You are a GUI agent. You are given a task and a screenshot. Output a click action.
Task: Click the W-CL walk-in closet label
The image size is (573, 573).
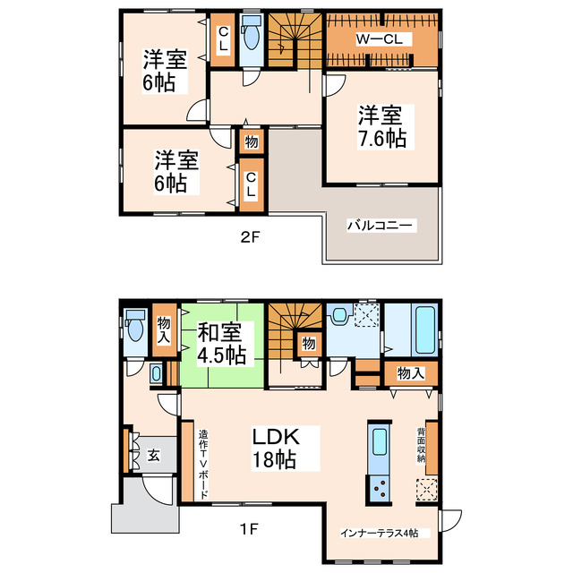pos(382,38)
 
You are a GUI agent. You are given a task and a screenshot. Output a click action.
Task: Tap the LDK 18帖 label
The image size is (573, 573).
pos(273,449)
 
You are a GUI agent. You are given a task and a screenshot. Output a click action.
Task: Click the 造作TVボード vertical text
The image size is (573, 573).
pos(203,463)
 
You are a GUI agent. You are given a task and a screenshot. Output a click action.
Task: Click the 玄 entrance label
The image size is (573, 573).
pos(153,456)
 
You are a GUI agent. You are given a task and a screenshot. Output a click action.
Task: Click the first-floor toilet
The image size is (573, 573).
pos(135,329)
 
